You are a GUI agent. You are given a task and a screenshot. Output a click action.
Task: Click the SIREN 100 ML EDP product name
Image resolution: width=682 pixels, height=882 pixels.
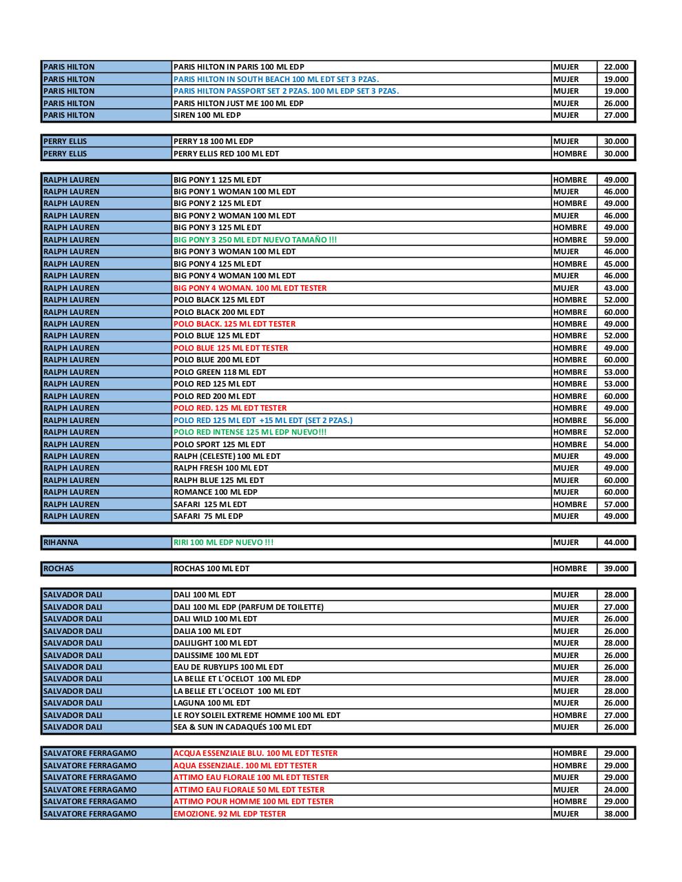207,115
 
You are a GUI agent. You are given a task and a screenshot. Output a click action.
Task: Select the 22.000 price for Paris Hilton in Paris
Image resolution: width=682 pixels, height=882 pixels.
616,67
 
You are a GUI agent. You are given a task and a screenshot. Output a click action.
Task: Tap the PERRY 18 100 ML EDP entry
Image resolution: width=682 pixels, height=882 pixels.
214,141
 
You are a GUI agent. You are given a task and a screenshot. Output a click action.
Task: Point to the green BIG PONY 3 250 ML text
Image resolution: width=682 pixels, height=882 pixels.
255,240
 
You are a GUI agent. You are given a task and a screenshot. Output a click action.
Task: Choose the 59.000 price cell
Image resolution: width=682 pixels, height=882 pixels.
616,240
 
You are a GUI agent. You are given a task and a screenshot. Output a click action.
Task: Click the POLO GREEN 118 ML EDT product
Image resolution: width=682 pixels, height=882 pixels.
220,372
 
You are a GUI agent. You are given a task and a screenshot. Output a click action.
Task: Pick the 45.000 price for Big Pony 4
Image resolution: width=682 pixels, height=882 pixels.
616,264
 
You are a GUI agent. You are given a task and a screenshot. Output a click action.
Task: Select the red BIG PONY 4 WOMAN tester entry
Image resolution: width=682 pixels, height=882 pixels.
250,288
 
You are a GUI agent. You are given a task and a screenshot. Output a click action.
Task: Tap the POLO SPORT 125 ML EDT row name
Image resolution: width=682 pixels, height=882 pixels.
219,444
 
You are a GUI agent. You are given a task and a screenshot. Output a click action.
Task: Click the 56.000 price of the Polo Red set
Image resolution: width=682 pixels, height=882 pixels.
616,420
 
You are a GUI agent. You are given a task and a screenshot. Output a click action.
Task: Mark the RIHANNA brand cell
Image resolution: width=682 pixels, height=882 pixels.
61,542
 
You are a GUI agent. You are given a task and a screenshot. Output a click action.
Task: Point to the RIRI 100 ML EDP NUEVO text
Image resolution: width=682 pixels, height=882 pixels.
223,542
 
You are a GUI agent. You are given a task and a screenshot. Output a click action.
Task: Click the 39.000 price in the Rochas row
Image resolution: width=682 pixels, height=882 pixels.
616,568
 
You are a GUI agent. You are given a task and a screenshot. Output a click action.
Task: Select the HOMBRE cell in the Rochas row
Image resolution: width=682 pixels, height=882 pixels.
570,568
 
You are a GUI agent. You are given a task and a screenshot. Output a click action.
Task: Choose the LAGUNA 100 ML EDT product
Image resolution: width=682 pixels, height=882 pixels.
212,703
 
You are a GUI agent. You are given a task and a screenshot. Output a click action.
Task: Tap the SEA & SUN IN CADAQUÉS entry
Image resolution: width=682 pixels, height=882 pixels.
242,727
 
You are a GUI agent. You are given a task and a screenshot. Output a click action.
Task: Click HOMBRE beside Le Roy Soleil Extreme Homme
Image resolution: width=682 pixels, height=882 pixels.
570,715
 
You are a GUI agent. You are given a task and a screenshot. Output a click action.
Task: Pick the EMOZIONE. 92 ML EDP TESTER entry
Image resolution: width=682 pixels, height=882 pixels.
229,814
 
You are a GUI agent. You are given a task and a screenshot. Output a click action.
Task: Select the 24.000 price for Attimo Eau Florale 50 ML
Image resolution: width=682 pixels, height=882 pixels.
616,790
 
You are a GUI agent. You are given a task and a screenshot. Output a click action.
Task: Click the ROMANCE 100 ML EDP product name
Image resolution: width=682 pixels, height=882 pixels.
216,492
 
